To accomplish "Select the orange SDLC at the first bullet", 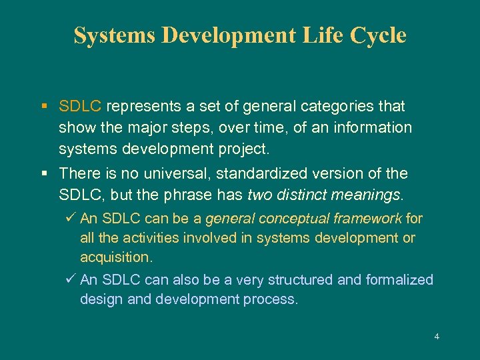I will click(80, 106).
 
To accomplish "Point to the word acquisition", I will click(115, 257).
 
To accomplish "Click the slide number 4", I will click(437, 337).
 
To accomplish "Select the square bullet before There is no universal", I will click(43, 173).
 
